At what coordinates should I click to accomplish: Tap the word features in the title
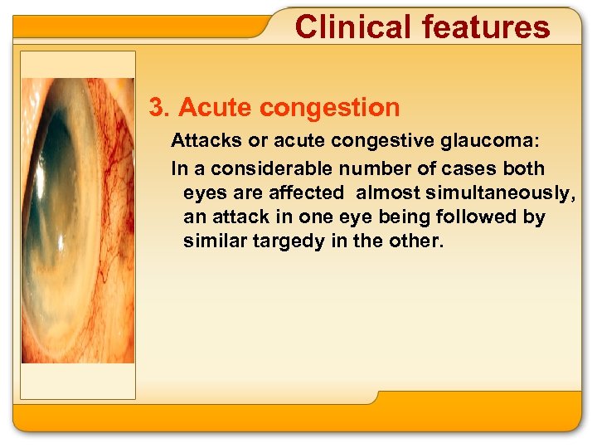point(486,27)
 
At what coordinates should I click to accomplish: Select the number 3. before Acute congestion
point(160,108)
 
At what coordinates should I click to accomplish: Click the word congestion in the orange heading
point(329,108)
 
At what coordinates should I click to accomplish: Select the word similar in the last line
point(211,241)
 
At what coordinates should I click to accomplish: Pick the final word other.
point(420,241)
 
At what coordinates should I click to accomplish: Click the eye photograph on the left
point(77,220)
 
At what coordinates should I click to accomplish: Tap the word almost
point(381,193)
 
